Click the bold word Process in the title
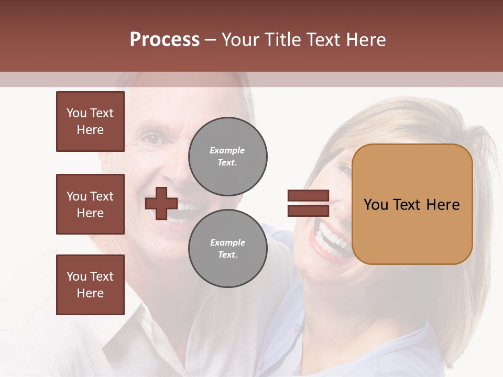coord(165,40)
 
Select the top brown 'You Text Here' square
coord(90,121)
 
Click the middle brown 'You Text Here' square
coord(90,204)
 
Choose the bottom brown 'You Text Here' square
coord(90,285)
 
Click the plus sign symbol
coord(161,203)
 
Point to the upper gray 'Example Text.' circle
coord(227,157)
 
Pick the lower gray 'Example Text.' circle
coord(227,249)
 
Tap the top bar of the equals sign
coord(308,196)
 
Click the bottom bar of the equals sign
coord(308,210)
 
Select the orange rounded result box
coord(412,204)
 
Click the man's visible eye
coord(152,139)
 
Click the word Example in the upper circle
coord(227,150)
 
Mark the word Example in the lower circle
coord(227,242)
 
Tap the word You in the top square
coord(76,113)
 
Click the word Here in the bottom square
coord(90,293)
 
